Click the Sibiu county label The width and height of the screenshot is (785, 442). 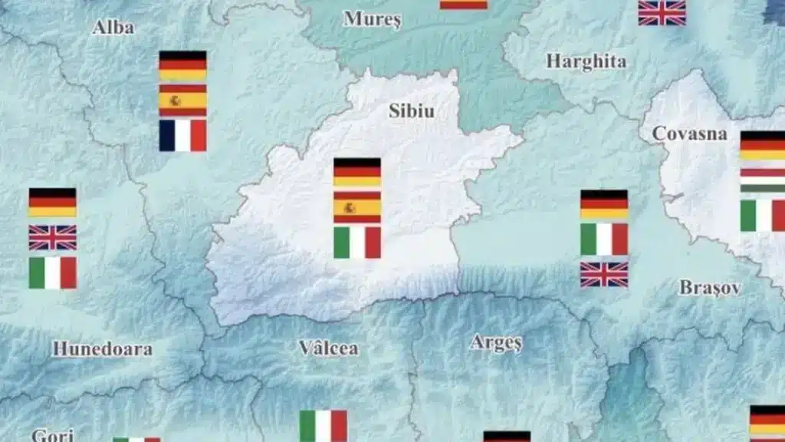pos(411,111)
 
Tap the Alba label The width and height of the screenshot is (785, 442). pos(113,28)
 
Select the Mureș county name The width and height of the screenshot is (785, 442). pos(372,19)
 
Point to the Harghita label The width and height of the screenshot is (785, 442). pos(586,61)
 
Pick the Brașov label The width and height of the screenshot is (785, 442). pos(710,288)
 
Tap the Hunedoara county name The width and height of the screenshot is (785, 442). pos(102,348)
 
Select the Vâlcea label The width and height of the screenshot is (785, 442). pos(328,348)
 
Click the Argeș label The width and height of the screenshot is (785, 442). pos(496,342)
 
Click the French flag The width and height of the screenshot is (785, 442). pos(182,135)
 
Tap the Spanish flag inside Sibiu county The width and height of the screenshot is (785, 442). pos(357,207)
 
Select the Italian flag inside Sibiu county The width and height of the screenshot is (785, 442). pos(357,242)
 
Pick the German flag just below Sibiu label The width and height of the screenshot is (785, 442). pos(357,173)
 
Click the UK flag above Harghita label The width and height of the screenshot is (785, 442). pos(662,12)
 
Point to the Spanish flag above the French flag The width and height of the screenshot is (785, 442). pos(182,101)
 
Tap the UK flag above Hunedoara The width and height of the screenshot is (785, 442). pos(53,238)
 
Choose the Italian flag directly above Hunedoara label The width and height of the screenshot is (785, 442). pos(53,272)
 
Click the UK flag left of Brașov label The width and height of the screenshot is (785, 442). pos(604,274)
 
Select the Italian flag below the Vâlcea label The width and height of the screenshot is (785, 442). pos(323,426)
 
